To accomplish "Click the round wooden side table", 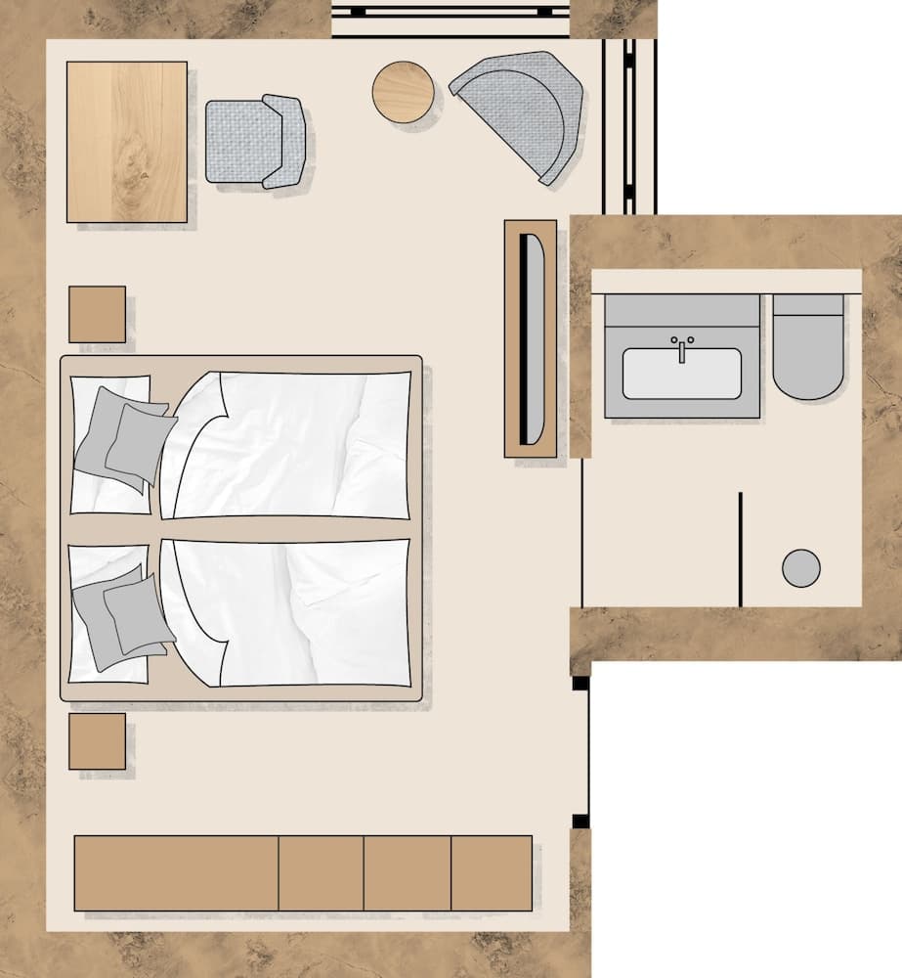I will [403, 92].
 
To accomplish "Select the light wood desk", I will [127, 142].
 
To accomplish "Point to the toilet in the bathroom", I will [808, 357].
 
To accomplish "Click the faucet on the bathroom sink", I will [681, 348].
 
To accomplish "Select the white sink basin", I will [681, 376].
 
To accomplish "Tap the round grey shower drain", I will [801, 568].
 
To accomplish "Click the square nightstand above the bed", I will [97, 314].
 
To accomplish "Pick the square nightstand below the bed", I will [97, 741].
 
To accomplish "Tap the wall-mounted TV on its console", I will [534, 337].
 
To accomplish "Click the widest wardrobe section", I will [177, 873].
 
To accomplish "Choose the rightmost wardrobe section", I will [492, 873].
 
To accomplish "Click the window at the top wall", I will [450, 14].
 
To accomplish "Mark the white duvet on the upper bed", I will [293, 445].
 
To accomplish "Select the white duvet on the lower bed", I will [293, 611].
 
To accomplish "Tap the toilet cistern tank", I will [808, 305].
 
